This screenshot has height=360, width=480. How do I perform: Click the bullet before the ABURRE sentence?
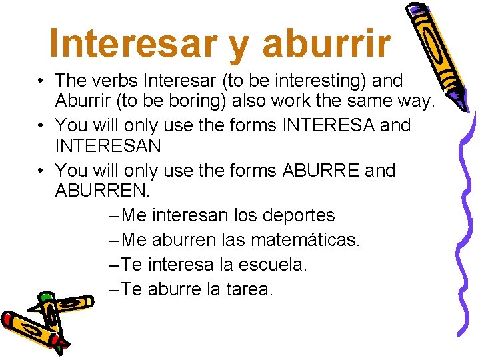click(41, 171)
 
